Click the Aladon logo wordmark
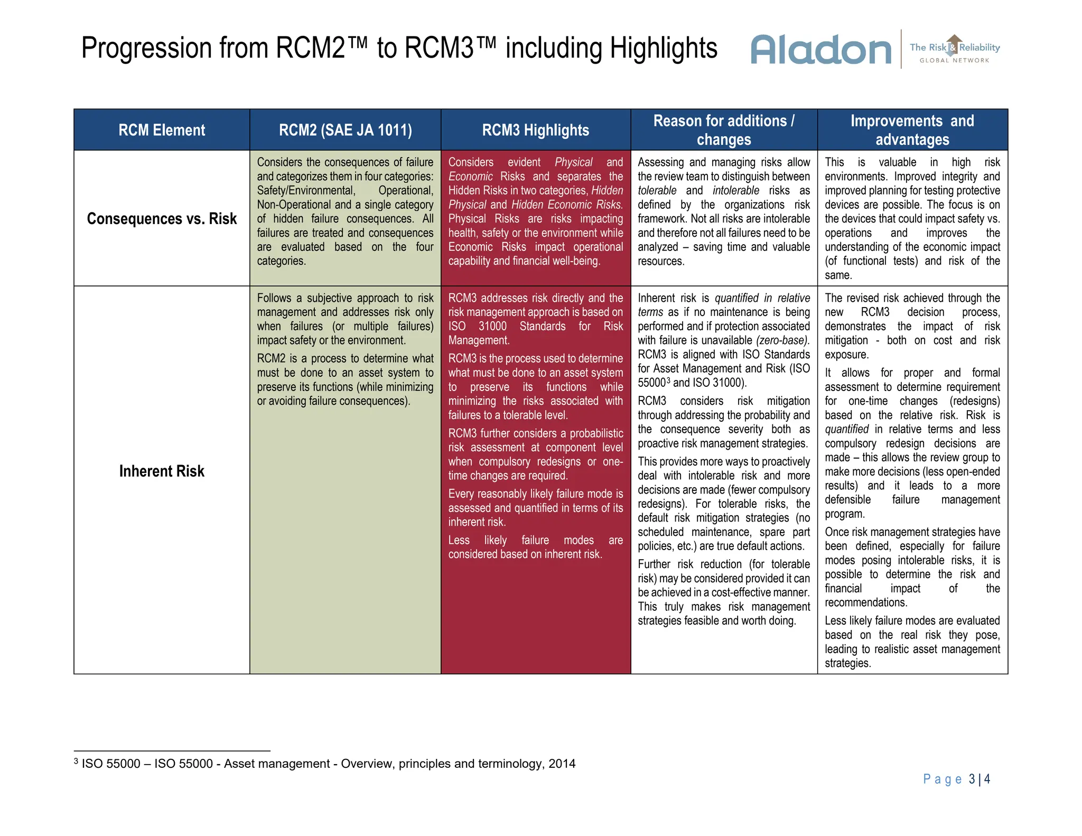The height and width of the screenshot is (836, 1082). point(820,50)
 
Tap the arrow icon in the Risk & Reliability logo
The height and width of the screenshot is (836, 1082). point(954,44)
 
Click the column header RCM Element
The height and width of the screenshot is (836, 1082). point(162,130)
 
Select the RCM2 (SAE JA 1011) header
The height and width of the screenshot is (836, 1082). point(345,130)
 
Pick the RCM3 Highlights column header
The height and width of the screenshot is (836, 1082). point(535,130)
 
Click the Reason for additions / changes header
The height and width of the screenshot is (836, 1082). point(723,130)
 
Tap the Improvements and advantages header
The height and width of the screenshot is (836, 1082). point(912,130)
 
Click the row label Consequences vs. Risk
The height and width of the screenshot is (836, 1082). point(162,219)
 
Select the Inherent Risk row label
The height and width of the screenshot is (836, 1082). point(162,471)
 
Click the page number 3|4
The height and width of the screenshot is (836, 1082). point(979,779)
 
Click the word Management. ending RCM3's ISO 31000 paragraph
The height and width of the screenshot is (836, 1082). point(479,340)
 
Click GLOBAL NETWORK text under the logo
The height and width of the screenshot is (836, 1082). point(954,60)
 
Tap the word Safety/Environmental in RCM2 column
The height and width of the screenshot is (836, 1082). point(306,190)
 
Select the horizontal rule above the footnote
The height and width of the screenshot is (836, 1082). point(172,751)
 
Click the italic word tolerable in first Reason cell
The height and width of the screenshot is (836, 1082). point(657,190)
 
